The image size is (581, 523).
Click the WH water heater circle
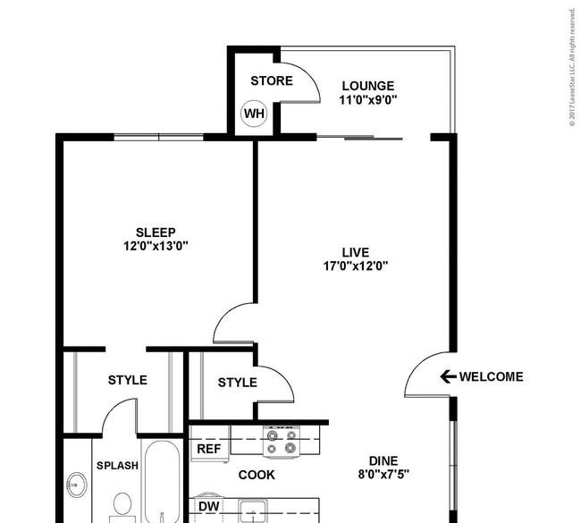coord(254,114)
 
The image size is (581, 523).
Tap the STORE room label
coord(272,80)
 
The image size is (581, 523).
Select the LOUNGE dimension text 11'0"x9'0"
coord(368,100)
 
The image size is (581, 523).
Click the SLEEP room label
coord(156,232)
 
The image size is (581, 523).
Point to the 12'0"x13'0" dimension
coord(156,246)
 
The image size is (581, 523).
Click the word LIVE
coord(356,252)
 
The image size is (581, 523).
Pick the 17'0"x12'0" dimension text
coord(356,266)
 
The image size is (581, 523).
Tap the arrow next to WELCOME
coord(448,376)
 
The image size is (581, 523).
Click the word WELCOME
coord(492,376)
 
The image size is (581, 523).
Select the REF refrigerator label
coord(209,449)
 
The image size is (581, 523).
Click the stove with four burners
coord(282,442)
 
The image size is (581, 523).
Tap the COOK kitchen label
coord(257,475)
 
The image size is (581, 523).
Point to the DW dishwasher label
coord(209,506)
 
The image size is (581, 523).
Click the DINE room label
coord(383,460)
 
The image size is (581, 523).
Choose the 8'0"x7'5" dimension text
coord(383,474)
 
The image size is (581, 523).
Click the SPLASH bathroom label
coord(117,466)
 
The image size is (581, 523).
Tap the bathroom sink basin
coord(77,485)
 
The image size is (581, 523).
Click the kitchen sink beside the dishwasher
coord(253,511)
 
